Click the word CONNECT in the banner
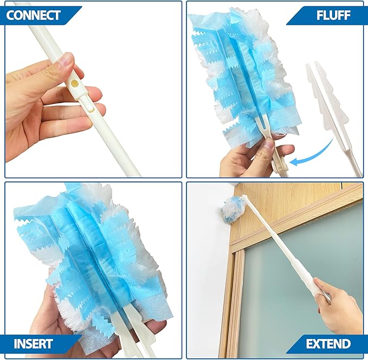34,15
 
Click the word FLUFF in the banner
332,15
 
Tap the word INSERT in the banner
33,343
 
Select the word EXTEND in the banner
328,343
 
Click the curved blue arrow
315,154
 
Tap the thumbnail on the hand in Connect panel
66,60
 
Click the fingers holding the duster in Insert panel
49,319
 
